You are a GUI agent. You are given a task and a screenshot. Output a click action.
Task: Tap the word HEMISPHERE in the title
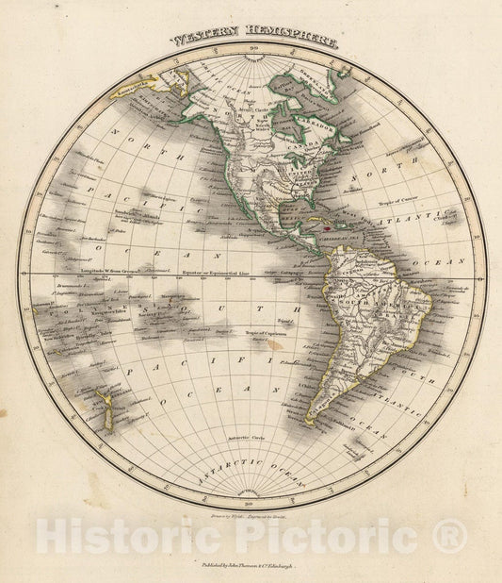pyautogui.click(x=287, y=41)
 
